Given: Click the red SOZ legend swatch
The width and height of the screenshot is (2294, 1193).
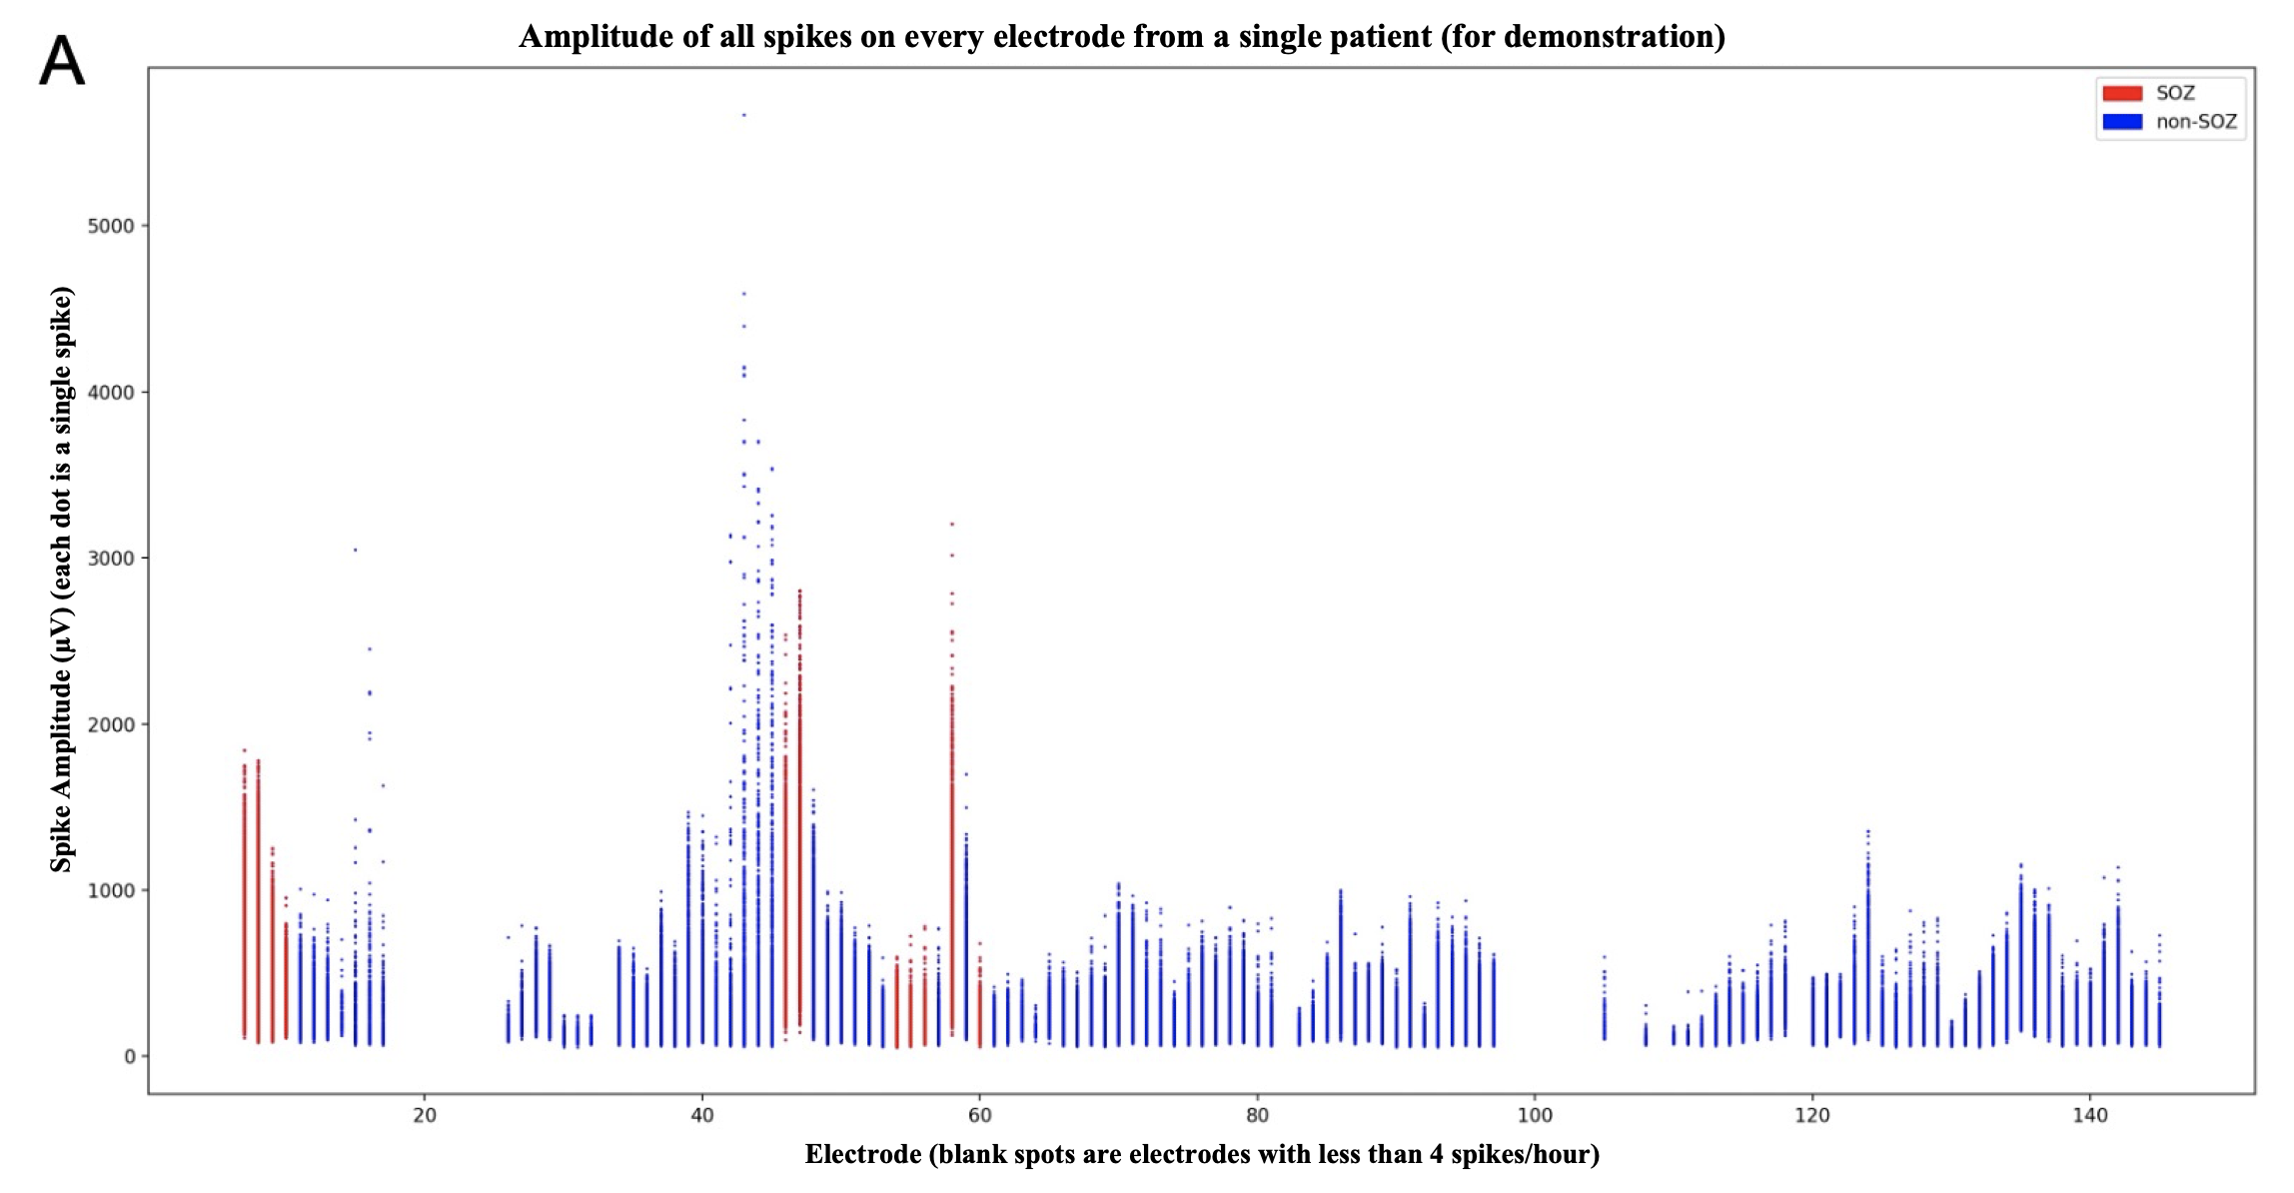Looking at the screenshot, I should [2122, 93].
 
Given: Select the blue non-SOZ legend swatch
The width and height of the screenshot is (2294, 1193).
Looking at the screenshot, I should [2122, 122].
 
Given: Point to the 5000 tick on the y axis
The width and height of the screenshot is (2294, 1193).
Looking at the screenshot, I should [111, 226].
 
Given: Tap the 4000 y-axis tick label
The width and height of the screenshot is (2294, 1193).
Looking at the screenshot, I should [111, 393].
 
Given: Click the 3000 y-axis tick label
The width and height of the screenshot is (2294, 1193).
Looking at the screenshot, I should [111, 559].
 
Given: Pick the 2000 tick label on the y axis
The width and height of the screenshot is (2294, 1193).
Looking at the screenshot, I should [111, 724].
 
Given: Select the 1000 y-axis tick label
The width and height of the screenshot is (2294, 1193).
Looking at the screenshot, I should [111, 890].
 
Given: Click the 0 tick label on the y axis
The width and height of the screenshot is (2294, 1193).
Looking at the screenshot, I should [129, 1057].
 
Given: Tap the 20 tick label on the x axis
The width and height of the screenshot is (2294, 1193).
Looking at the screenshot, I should [425, 1115].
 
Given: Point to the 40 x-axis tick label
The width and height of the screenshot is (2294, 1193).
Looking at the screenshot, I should [702, 1115].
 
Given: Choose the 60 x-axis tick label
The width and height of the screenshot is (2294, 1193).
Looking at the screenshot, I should [980, 1115].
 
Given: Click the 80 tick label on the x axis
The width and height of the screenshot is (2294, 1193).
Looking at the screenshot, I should [1258, 1115].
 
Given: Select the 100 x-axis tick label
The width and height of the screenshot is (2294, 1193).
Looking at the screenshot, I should [1535, 1115].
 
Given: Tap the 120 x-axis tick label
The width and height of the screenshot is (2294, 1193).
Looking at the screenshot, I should [1812, 1115].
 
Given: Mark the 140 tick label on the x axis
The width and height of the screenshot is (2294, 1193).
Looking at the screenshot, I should [2090, 1115].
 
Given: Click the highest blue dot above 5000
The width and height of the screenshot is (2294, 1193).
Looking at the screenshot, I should [744, 115].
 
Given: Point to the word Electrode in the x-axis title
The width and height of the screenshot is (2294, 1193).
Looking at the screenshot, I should [863, 1155].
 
